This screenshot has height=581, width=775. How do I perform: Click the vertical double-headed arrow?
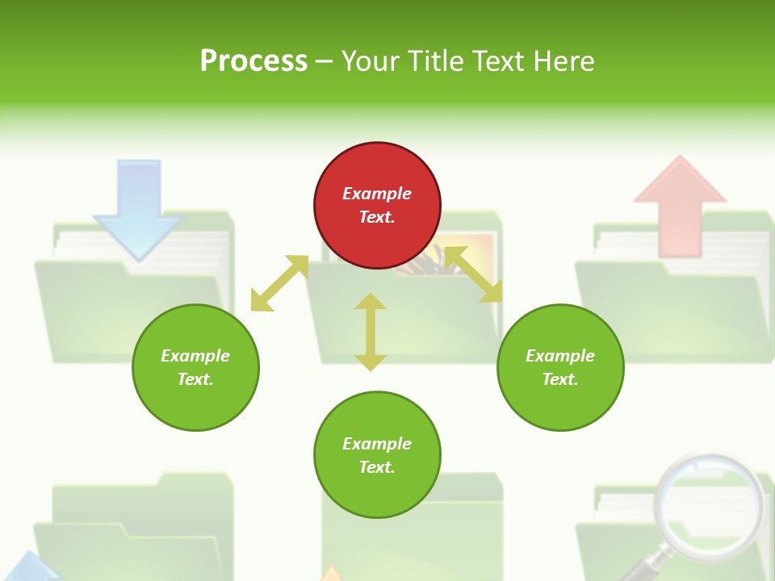coord(371,332)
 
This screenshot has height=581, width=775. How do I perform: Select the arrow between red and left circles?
coord(279,283)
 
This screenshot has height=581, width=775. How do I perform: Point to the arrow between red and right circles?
coord(473,274)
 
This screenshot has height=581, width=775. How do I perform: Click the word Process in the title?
coord(253,61)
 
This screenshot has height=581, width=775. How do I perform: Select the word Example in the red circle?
coord(377,194)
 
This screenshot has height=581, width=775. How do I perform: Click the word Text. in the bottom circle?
coord(377,467)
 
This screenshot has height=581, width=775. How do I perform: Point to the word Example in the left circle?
coord(195,356)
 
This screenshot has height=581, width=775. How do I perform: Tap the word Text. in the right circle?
coord(560,379)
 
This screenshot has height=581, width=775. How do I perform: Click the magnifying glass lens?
coord(709,500)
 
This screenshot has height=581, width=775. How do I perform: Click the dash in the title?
coord(324,61)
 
